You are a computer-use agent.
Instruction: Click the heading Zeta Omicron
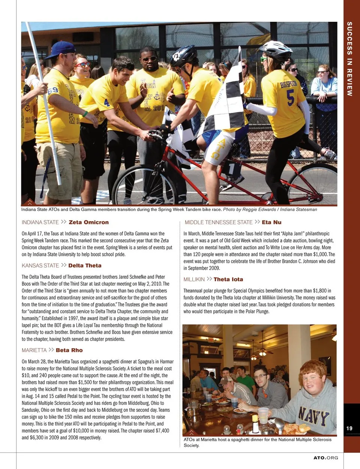(x=88, y=222)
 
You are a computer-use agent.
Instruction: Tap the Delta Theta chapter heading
(x=85, y=265)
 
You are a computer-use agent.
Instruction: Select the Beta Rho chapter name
(x=69, y=350)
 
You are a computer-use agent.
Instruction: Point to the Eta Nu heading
(x=271, y=222)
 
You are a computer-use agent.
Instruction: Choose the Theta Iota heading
(x=228, y=279)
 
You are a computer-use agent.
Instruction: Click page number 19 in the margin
(x=349, y=428)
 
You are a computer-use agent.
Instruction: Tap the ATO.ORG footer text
(x=325, y=458)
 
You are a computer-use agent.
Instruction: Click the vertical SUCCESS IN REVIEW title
(x=349, y=59)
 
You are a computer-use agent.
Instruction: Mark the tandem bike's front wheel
(x=144, y=185)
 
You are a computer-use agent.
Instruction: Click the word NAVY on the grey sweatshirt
(x=314, y=415)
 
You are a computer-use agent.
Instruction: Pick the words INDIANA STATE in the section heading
(x=40, y=222)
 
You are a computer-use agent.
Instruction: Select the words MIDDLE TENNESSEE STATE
(x=219, y=222)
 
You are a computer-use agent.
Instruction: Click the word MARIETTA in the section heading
(x=34, y=350)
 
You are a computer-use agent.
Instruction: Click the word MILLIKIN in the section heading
(x=194, y=279)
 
